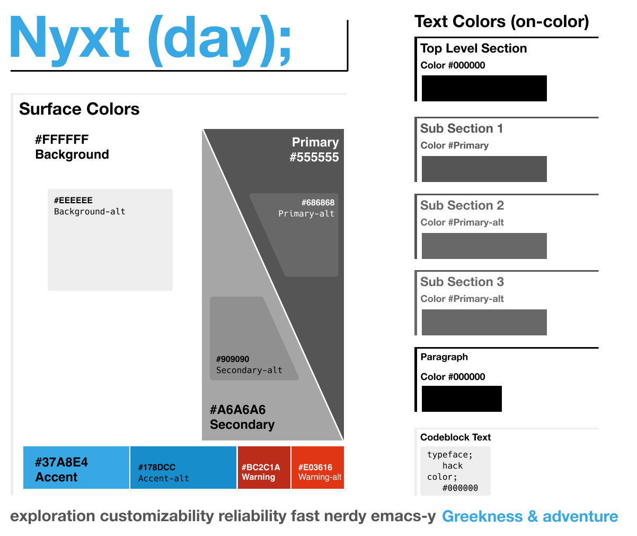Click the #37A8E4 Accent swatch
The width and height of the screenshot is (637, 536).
point(76,468)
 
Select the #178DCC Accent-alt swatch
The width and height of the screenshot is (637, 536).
point(183,468)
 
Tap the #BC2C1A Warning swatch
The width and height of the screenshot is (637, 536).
point(264,468)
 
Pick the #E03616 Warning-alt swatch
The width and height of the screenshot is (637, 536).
point(317,468)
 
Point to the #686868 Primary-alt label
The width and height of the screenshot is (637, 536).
point(307,208)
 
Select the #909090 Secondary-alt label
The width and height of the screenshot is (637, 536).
point(249,365)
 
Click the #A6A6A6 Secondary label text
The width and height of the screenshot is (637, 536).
point(242,417)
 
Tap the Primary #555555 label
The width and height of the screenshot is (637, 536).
point(315,150)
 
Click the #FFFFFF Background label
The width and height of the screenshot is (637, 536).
point(72,147)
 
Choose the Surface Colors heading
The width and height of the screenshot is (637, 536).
point(79,109)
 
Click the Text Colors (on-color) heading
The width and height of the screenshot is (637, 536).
point(502,22)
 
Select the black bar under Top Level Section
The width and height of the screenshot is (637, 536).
point(484,88)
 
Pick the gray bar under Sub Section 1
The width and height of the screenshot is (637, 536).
point(484,169)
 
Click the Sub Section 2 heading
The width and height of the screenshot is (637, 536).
point(462,205)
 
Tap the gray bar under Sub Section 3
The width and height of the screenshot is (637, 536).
point(484,322)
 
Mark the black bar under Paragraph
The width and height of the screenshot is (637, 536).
point(462,399)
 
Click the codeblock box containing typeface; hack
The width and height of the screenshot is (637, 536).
point(455,471)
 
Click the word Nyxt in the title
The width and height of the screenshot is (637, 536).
point(69,38)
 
